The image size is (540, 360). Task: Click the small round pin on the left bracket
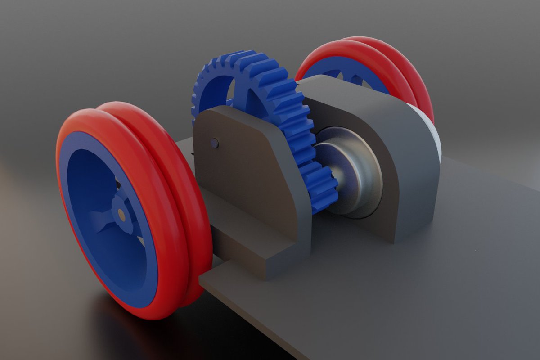pyautogui.click(x=215, y=143)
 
